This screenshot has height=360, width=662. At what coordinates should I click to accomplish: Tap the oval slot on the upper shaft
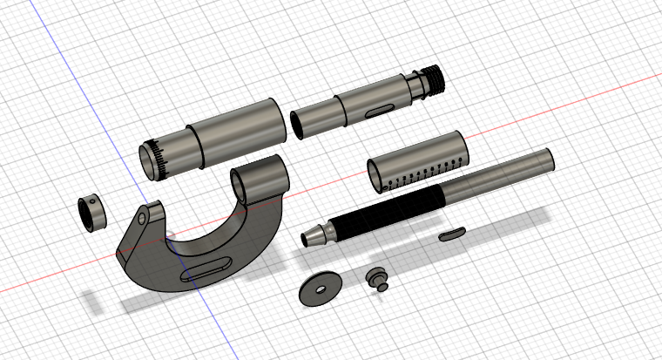[x=379, y=111]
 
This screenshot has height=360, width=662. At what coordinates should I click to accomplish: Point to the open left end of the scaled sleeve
[x=375, y=173]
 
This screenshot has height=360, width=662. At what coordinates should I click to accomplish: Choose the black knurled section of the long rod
[x=383, y=214]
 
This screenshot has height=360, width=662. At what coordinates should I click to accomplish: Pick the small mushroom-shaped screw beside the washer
[x=377, y=277]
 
